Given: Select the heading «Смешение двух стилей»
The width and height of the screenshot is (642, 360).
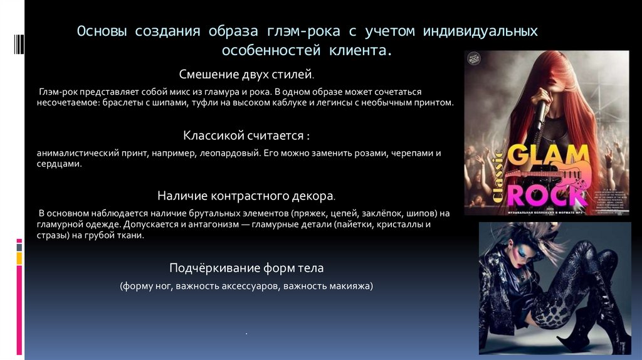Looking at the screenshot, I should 246,75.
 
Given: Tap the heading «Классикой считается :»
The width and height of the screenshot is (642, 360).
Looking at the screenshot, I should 246,135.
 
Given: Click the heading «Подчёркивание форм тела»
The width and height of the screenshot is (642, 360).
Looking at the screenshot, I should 246,268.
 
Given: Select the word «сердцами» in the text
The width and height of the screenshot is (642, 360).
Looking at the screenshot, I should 59,163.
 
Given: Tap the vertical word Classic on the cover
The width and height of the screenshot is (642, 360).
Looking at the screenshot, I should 498,176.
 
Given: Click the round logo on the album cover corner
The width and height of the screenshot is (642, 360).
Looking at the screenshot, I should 476,63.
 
